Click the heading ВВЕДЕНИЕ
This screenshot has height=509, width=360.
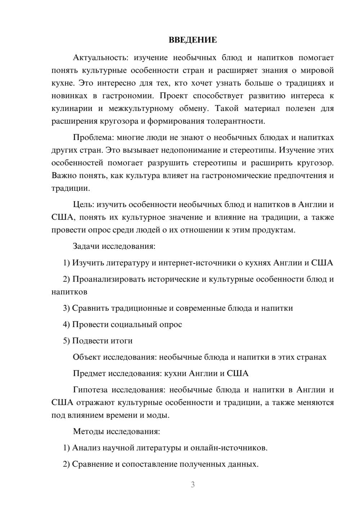coord(193,40)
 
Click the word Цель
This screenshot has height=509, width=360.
coord(83,205)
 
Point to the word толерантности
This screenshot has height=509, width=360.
coord(236,121)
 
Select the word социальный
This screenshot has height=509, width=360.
coord(132,325)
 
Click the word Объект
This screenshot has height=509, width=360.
coord(86,357)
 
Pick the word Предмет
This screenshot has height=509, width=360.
coord(88,374)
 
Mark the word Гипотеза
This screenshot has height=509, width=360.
coord(90,390)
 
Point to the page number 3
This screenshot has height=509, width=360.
coord(193,485)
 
